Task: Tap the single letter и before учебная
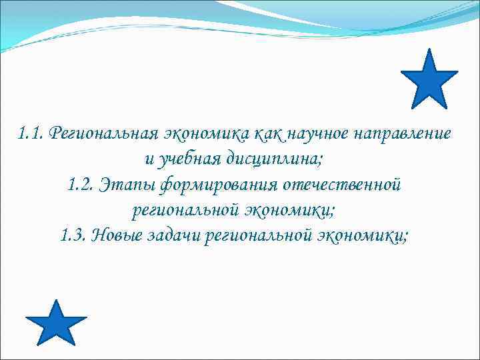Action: point(147,159)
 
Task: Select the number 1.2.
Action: point(80,185)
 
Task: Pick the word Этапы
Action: point(127,185)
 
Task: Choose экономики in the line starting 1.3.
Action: point(365,235)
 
